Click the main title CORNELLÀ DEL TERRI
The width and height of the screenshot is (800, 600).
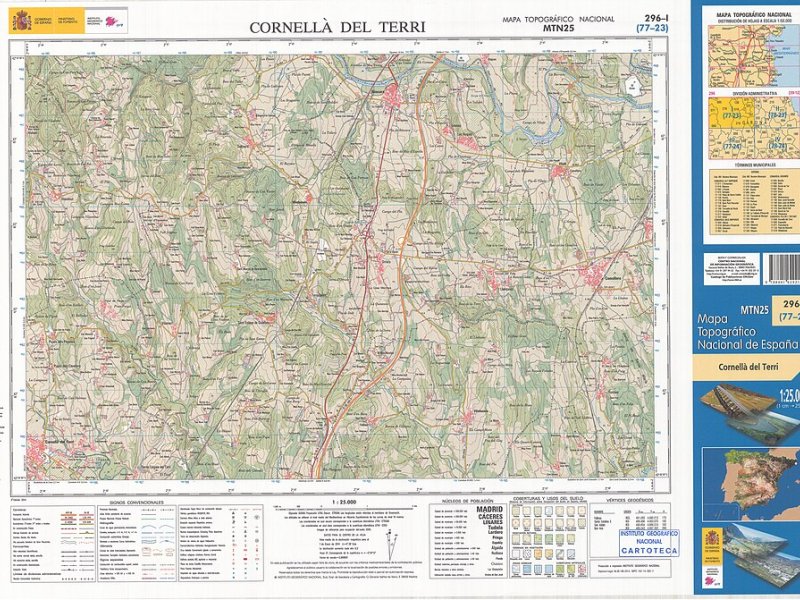337,27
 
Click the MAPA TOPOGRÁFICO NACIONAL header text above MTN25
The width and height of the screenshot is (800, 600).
557,19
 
